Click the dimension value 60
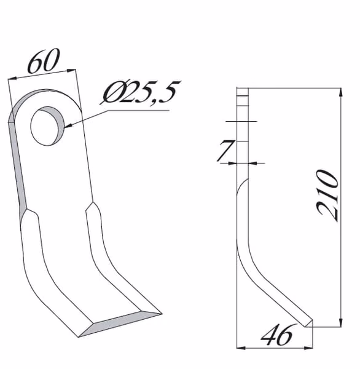pyautogui.click(x=44, y=60)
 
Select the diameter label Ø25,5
pyautogui.click(x=141, y=92)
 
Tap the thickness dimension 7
pyautogui.click(x=225, y=150)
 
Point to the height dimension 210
pyautogui.click(x=327, y=196)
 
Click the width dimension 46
pyautogui.click(x=277, y=335)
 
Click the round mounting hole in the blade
pyautogui.click(x=47, y=126)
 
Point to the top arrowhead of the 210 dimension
pyautogui.click(x=341, y=92)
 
